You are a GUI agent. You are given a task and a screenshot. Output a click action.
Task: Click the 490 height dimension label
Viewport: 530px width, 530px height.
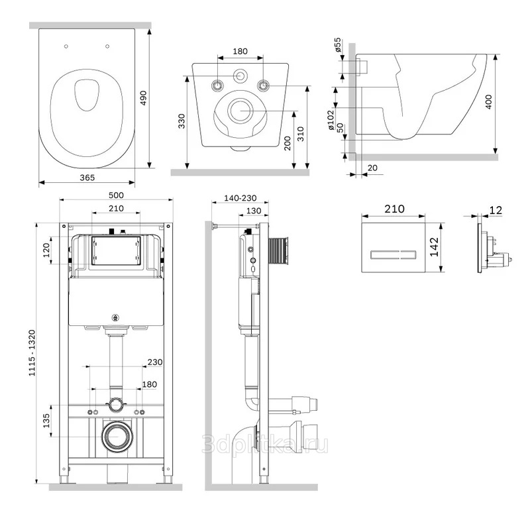143,98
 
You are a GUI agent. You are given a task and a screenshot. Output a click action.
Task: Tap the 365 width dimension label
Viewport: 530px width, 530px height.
87,178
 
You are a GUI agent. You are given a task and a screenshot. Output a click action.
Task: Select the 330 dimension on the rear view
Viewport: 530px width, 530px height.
182,121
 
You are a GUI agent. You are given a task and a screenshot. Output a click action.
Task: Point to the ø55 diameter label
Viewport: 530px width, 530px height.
338,45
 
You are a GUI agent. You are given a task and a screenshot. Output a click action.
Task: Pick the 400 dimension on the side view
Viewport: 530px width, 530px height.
489,101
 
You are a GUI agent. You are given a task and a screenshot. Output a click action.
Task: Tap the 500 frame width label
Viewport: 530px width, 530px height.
116,195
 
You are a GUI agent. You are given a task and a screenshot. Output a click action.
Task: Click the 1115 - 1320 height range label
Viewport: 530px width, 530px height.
32,353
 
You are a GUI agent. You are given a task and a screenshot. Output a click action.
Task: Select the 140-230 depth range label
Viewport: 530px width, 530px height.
240,197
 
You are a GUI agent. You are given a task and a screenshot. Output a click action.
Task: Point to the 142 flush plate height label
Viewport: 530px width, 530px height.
434,247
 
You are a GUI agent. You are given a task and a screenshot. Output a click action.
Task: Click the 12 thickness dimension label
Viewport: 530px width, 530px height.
496,210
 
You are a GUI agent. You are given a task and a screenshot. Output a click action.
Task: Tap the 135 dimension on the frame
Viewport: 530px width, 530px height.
46,421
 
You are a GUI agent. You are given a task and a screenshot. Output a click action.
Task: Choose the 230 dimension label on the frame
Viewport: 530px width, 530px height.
155,362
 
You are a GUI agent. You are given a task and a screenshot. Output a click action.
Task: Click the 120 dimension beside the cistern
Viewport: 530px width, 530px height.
46,250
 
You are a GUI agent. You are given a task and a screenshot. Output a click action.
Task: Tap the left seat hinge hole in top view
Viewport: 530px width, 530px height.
66,46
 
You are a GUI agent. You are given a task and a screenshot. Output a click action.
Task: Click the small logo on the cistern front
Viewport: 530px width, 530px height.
116,317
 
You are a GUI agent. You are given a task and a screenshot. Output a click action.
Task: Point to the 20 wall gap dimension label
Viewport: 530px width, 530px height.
372,168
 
